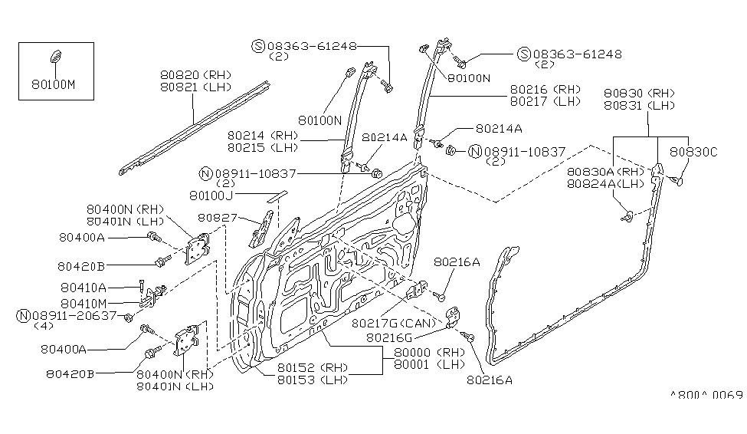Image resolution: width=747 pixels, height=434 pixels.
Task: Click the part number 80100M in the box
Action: (x=54, y=85)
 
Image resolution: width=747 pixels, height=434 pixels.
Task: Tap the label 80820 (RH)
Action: (x=196, y=75)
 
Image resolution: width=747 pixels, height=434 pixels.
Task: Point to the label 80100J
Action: (x=211, y=196)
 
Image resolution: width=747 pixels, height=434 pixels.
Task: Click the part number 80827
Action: (x=218, y=218)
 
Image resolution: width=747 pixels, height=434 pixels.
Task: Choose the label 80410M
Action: (x=84, y=304)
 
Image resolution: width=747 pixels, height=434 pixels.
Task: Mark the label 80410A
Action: (x=84, y=288)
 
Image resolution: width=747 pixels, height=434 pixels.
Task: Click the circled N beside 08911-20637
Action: (x=23, y=316)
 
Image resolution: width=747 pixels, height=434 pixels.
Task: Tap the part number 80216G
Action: (x=388, y=337)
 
